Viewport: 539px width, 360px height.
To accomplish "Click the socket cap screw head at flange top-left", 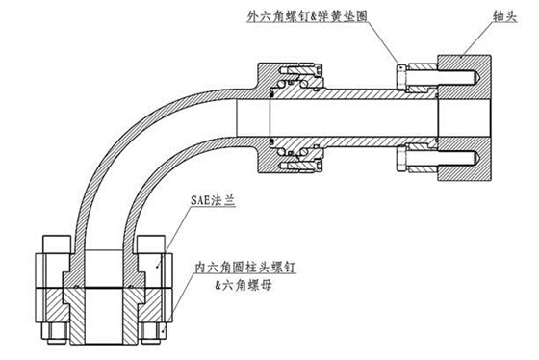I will click(x=57, y=243).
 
